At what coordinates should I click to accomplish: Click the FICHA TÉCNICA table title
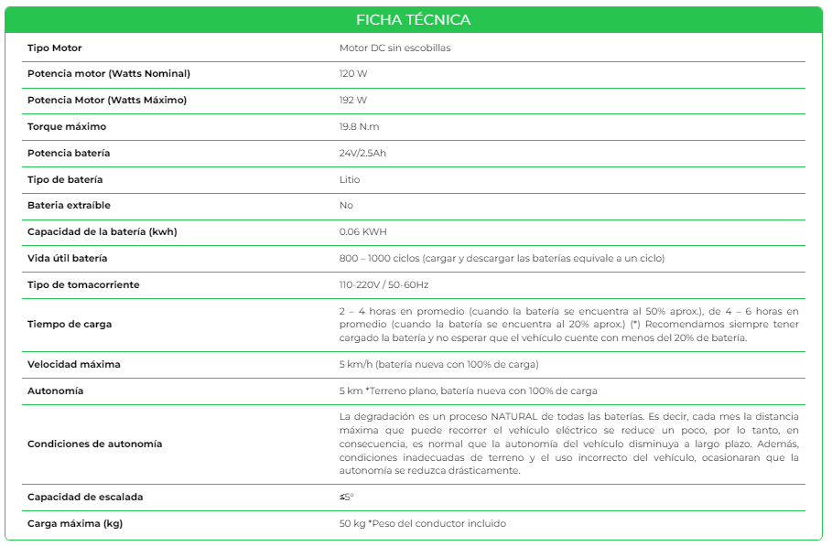[414, 20]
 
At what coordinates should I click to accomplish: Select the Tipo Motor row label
[55, 48]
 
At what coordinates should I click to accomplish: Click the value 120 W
[352, 73]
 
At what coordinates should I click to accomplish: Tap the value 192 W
[352, 100]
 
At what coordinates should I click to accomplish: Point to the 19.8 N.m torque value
[360, 126]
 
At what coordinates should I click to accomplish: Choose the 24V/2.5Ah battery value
[362, 153]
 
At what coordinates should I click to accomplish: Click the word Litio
[350, 179]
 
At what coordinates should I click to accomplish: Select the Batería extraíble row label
[69, 205]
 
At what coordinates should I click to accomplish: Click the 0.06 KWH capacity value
[362, 231]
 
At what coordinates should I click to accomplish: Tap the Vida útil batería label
[68, 258]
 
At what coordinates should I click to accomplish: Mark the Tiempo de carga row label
[70, 325]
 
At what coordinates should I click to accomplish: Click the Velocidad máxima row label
[74, 364]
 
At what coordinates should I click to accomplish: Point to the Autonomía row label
[55, 391]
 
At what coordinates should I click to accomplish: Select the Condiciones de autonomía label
[94, 444]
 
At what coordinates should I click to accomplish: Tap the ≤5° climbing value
[346, 497]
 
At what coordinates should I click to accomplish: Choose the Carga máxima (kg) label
[75, 523]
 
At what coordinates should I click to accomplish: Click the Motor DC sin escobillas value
[394, 48]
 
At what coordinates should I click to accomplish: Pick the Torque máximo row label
[67, 126]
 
